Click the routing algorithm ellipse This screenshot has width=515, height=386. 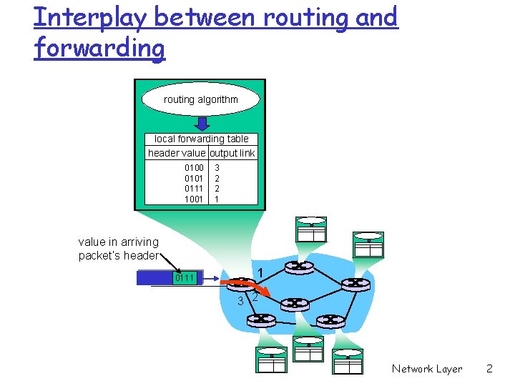point(200,99)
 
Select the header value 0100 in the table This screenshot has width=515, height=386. point(194,168)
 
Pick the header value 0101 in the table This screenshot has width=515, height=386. point(194,178)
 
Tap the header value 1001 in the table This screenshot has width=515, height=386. point(194,199)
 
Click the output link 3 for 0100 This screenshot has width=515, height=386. point(217,168)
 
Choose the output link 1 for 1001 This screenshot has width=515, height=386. point(217,199)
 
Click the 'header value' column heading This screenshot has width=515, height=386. point(176,153)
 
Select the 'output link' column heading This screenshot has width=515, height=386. point(232,153)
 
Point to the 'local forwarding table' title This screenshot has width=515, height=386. point(201,139)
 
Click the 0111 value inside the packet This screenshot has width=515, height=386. point(185,277)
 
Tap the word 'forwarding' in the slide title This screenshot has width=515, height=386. point(99,49)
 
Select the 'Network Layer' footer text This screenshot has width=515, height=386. point(426,369)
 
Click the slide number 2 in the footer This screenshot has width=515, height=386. point(489,369)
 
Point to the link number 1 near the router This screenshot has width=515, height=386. point(261,272)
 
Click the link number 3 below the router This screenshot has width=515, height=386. point(241,300)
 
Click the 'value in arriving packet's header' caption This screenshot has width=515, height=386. point(118,249)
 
